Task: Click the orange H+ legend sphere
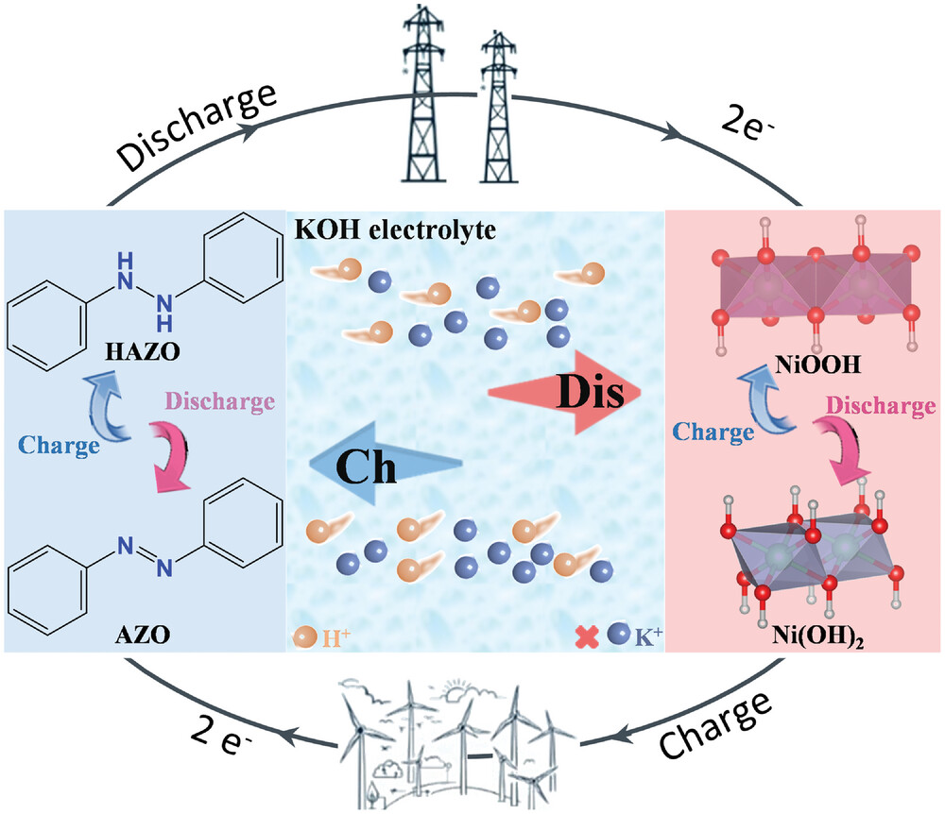[306, 637]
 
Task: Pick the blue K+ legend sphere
[618, 637]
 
